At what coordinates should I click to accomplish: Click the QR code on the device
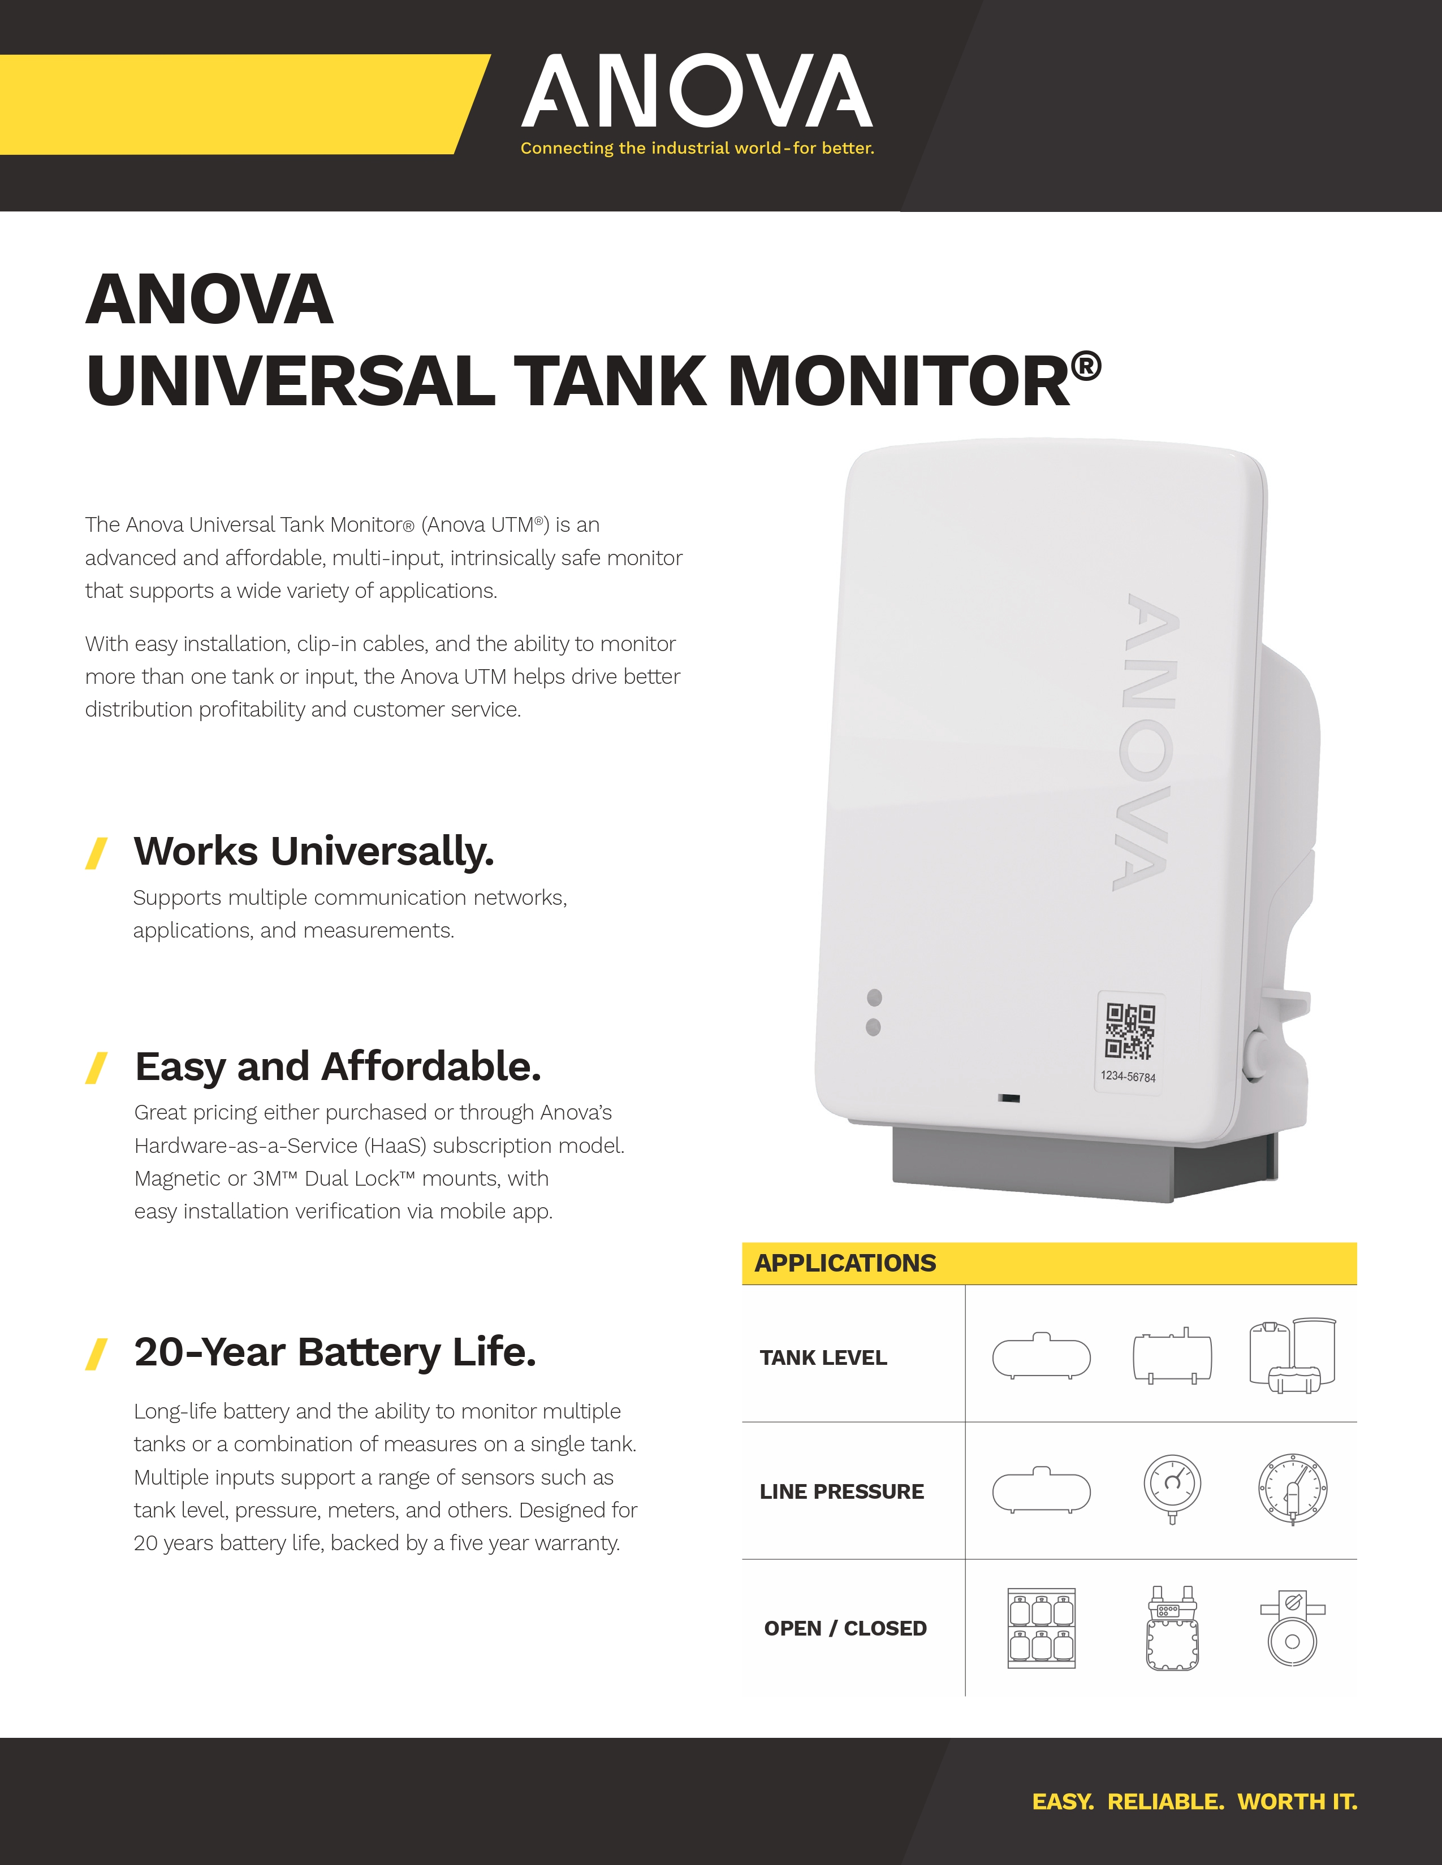click(x=1129, y=1031)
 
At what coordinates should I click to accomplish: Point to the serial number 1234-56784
click(x=1128, y=1077)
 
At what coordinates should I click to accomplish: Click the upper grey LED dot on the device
click(x=874, y=997)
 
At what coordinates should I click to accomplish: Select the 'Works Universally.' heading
click(x=313, y=851)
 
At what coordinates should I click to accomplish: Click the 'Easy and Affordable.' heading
click(x=338, y=1066)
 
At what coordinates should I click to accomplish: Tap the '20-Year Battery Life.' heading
click(x=335, y=1352)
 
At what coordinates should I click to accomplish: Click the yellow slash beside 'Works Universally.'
click(x=97, y=853)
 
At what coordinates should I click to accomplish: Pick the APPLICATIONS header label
click(x=845, y=1263)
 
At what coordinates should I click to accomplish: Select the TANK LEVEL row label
click(x=823, y=1357)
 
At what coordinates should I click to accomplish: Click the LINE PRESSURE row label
click(x=841, y=1492)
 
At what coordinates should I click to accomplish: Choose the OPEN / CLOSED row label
click(x=845, y=1628)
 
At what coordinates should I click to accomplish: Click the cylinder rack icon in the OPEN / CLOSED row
click(x=1041, y=1628)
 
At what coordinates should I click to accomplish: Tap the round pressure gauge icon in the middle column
click(x=1172, y=1487)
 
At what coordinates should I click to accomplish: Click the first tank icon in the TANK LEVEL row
click(x=1041, y=1356)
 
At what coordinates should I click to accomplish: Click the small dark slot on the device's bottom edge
click(x=1009, y=1098)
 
